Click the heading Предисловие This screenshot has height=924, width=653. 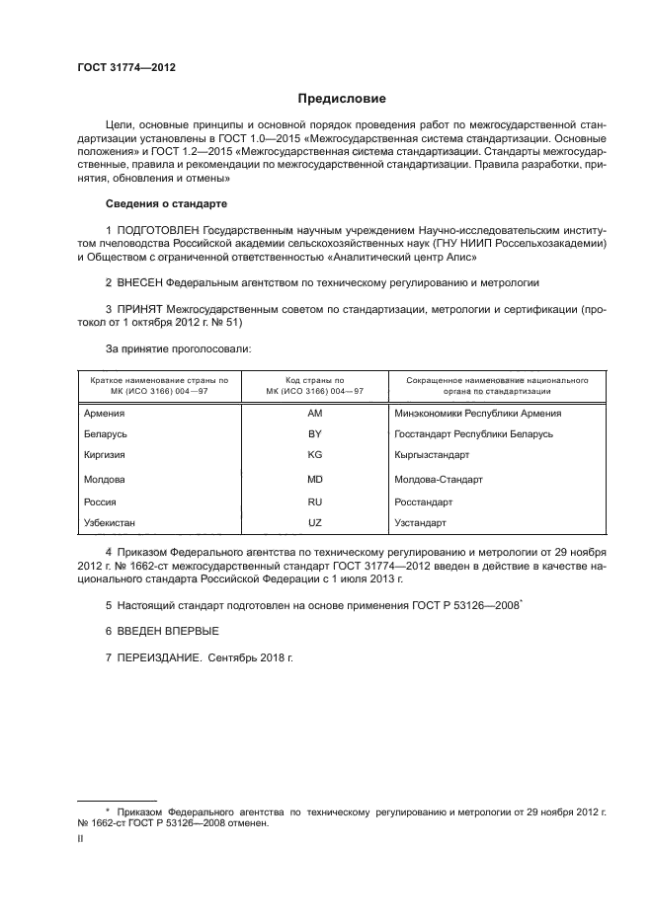point(342,99)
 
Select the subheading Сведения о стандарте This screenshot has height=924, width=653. point(166,203)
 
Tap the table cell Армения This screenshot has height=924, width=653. point(105,413)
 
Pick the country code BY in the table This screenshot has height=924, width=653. point(315,433)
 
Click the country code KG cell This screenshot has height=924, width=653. point(315,454)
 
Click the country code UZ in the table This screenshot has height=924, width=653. point(315,521)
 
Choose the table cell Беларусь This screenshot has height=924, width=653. point(107,433)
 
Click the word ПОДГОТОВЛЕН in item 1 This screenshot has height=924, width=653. point(165,229)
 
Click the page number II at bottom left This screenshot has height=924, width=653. point(81,838)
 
